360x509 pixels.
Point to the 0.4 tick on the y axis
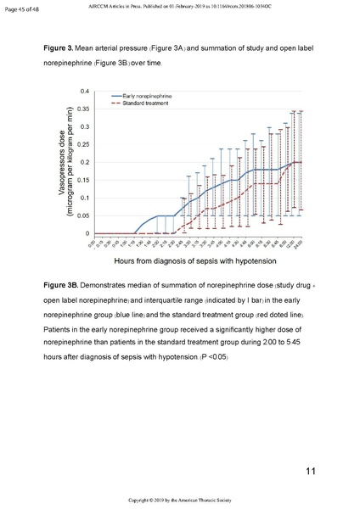[85, 91]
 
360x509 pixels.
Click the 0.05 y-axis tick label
[83, 216]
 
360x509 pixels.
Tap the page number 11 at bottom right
[312, 472]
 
